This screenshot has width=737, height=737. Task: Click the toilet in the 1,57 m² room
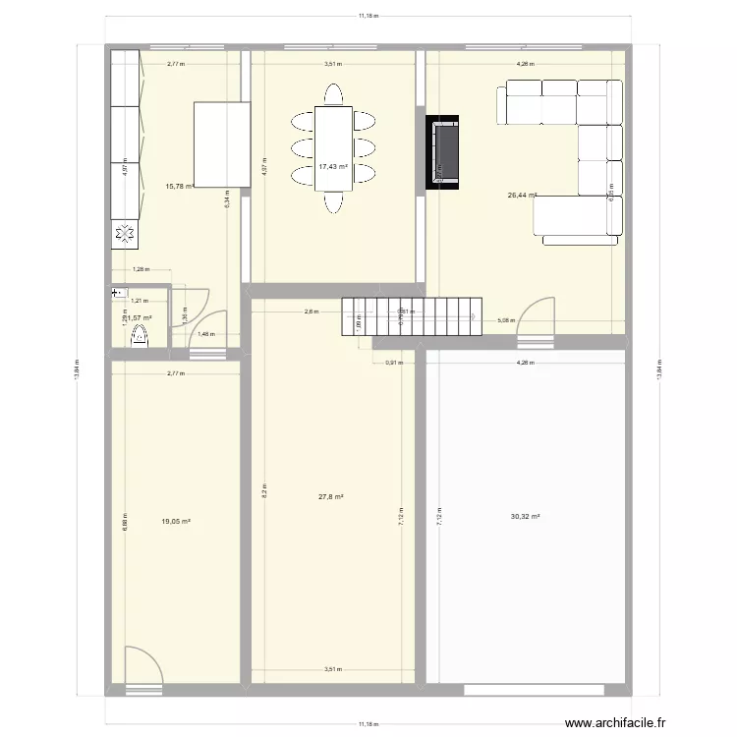click(x=139, y=338)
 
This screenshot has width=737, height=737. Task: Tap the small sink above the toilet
click(x=119, y=292)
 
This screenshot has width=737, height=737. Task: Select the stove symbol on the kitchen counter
click(x=126, y=234)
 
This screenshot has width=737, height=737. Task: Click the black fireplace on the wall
click(x=442, y=152)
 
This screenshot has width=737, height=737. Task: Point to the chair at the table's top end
click(x=334, y=93)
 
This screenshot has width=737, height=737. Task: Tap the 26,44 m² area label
click(x=522, y=196)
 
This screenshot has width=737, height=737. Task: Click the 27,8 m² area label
click(x=331, y=497)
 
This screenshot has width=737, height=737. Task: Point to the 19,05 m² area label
click(x=176, y=521)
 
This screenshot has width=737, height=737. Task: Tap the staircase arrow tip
click(x=476, y=316)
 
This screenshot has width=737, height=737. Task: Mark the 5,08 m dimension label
click(x=506, y=320)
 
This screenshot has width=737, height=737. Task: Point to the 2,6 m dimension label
click(x=311, y=312)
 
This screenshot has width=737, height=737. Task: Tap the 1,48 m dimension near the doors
click(x=204, y=335)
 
